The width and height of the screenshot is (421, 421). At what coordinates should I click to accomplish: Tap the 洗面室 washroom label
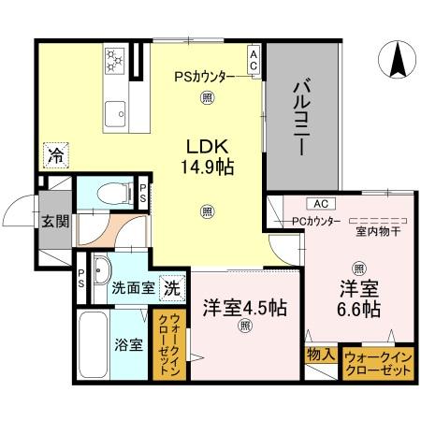click(x=134, y=288)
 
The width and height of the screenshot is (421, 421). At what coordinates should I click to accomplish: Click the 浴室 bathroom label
click(x=128, y=344)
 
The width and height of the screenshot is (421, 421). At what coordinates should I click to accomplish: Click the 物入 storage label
click(x=319, y=355)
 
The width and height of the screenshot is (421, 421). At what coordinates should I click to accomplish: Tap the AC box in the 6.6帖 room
click(x=319, y=203)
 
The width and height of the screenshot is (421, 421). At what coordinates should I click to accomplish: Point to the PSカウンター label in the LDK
click(x=206, y=78)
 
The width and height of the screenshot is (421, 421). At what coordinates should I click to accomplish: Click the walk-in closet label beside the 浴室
click(x=171, y=345)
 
